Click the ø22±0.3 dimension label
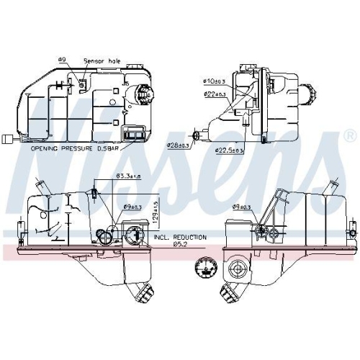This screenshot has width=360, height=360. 215,94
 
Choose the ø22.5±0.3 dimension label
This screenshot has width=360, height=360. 230,150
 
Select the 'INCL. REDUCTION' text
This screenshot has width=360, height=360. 180,236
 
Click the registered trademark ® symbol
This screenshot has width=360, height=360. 349,135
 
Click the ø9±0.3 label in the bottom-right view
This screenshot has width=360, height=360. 242,207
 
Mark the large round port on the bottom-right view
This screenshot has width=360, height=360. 237,271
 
